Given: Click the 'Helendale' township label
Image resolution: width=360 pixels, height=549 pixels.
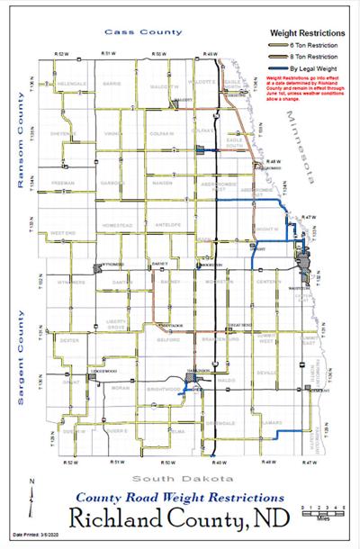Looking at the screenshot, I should coord(70,84).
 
